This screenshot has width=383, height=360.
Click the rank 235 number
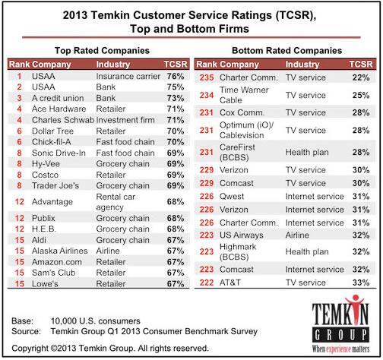pos(206,77)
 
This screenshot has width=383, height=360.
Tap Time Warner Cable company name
pos(241,94)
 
